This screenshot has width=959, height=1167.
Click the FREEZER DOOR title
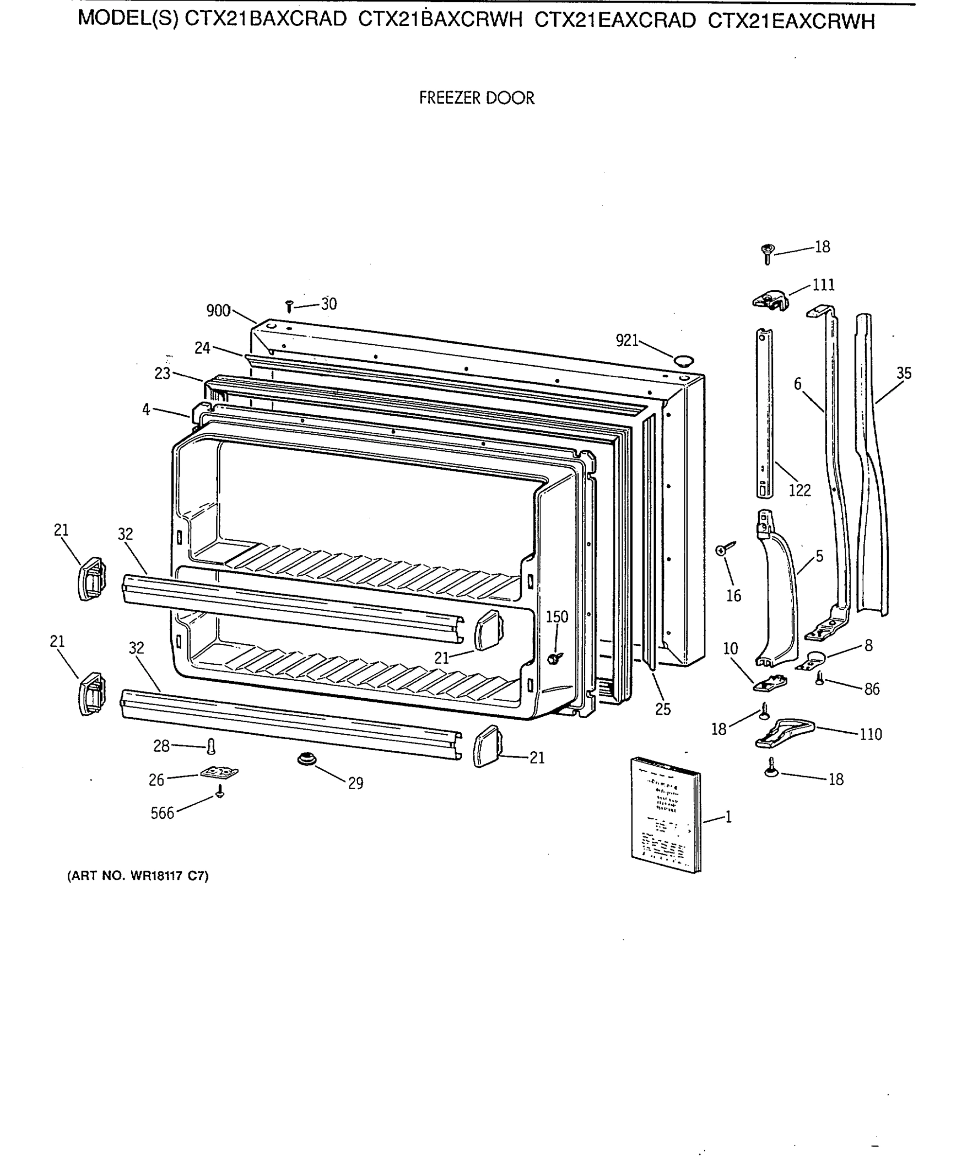coord(476,98)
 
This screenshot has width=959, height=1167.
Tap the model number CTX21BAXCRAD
coord(265,20)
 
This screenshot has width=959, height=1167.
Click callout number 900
coord(218,311)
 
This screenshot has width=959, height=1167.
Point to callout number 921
coord(627,341)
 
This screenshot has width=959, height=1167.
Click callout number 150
coord(557,617)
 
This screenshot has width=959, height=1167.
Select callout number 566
coord(162,813)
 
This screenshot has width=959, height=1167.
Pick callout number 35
coord(903,373)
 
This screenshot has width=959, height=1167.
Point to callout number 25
coord(663,709)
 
